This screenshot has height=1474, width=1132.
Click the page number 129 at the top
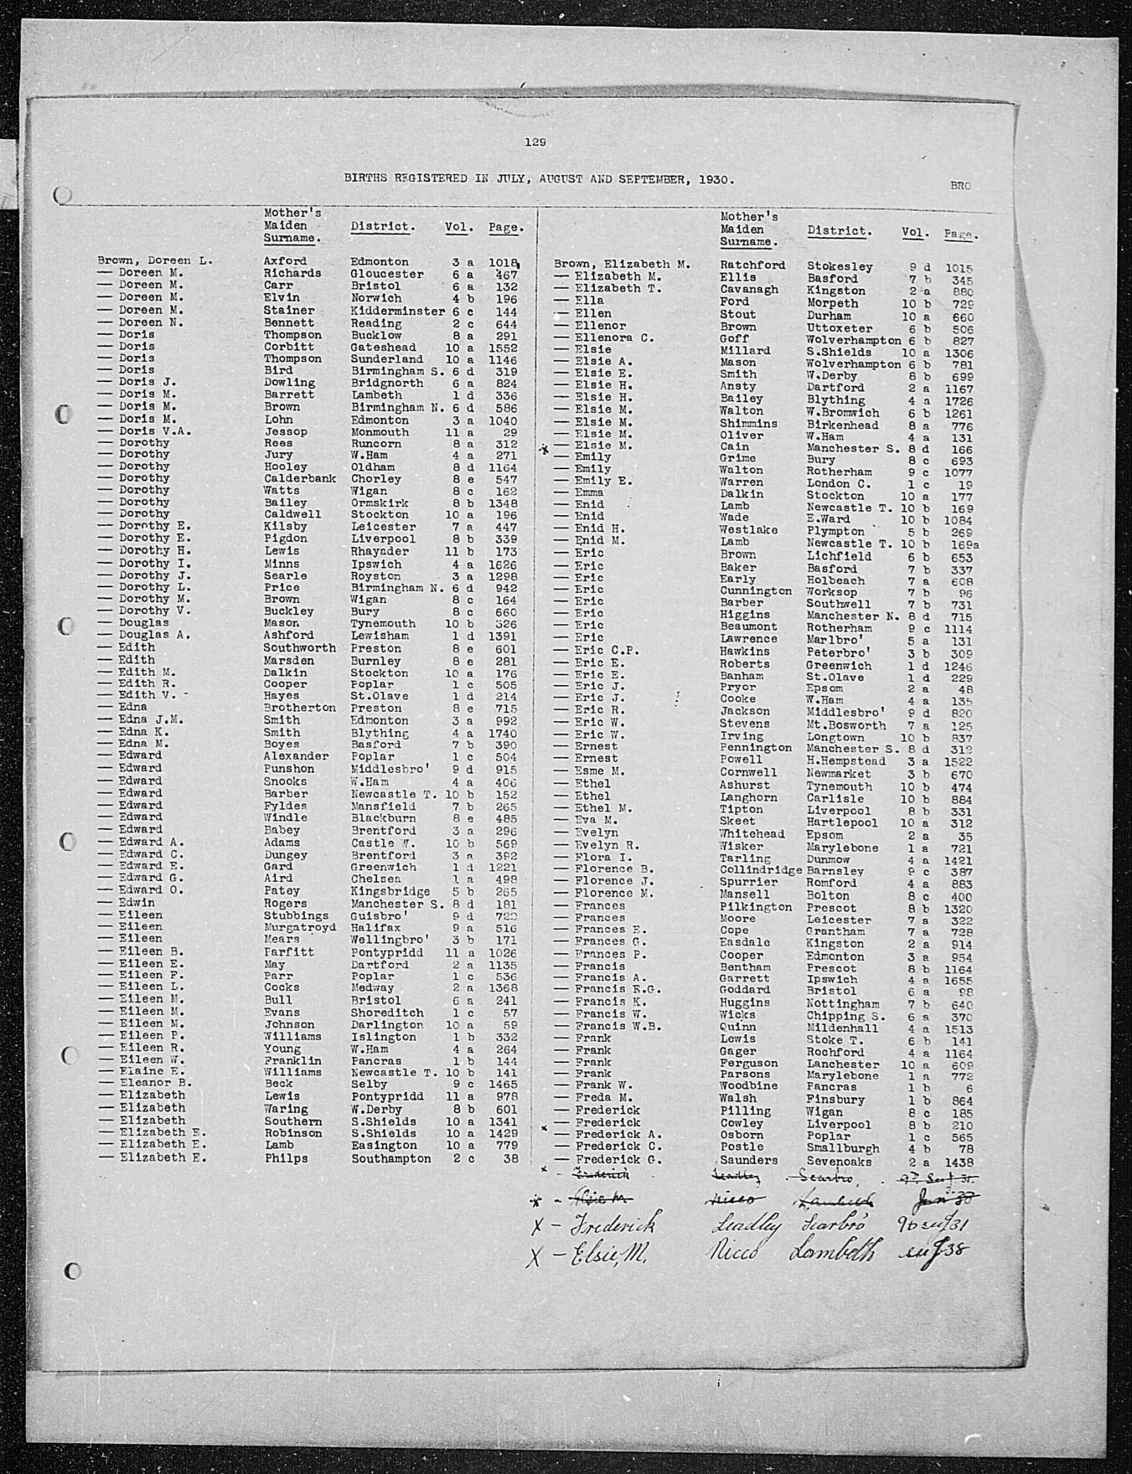pos(535,142)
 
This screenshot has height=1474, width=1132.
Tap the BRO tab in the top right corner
pos(960,186)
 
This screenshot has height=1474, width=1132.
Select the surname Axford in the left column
pos(285,261)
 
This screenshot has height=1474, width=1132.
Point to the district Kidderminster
pos(394,311)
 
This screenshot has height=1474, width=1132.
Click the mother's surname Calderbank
pos(299,478)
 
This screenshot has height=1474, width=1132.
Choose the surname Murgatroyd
pos(300,927)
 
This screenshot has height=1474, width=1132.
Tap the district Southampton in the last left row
pos(391,1158)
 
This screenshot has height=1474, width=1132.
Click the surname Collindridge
pos(761,870)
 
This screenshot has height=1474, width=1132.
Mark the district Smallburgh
pos(843,1148)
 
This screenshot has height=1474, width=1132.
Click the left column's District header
pos(383,227)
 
